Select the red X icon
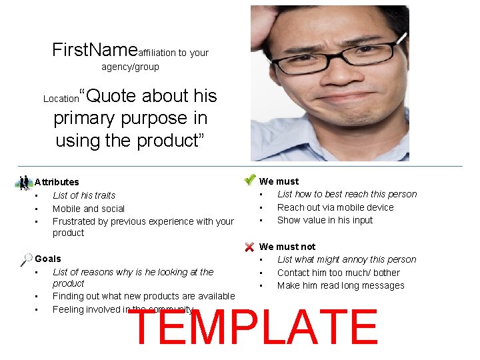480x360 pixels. pyautogui.click(x=249, y=247)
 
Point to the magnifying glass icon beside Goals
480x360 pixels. pyautogui.click(x=27, y=259)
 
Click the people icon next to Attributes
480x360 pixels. pyautogui.click(x=25, y=182)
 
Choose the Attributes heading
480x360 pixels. pyautogui.click(x=57, y=182)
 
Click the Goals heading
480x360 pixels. pyautogui.click(x=48, y=259)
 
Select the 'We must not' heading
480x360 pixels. pyautogui.click(x=287, y=247)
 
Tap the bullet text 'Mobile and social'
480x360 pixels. pyautogui.click(x=89, y=209)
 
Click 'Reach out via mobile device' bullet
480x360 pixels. pyautogui.click(x=335, y=207)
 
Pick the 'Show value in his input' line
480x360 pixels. pyautogui.click(x=325, y=220)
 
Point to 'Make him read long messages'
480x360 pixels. pyautogui.click(x=341, y=285)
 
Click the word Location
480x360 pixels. pyautogui.click(x=61, y=99)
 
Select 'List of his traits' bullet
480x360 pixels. pyautogui.click(x=84, y=195)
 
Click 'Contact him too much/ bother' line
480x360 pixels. pyautogui.click(x=339, y=273)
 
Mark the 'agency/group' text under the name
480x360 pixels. pyautogui.click(x=130, y=67)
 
